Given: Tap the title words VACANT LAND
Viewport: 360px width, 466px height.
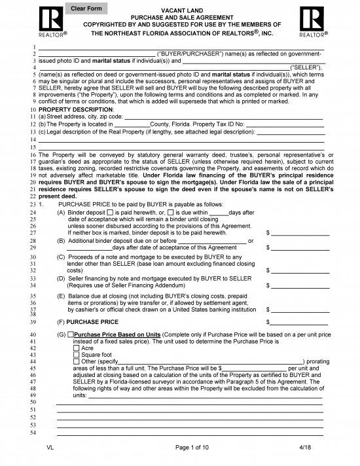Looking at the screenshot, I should pyautogui.click(x=180, y=11).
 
